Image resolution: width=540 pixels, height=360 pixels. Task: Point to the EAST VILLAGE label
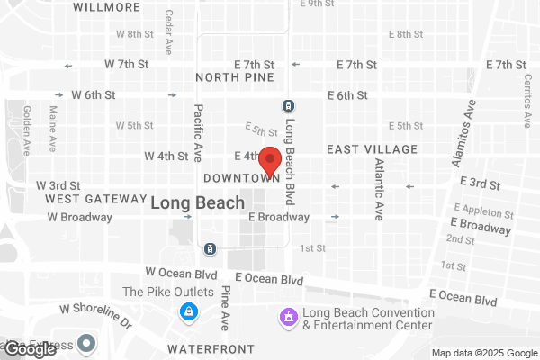pos(372,148)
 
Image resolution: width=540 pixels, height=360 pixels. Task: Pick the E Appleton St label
pos(485,215)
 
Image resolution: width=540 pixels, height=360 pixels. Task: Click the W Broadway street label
pos(79,217)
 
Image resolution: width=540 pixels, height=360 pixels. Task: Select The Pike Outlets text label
pos(168,292)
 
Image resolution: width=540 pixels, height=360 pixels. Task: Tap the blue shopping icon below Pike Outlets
pos(189,312)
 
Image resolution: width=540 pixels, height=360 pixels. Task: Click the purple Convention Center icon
pos(288,316)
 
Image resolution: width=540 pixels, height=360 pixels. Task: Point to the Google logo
pos(30,349)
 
